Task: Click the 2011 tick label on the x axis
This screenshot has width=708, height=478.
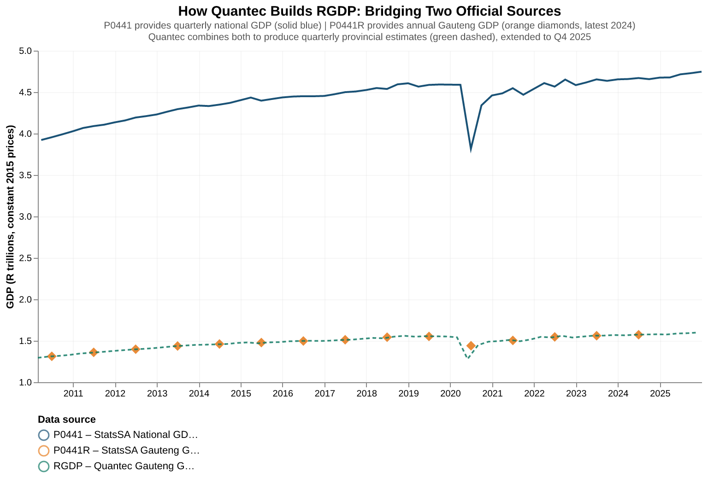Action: (73, 393)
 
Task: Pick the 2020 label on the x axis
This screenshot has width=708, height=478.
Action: (450, 393)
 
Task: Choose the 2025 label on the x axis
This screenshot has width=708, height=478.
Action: (660, 393)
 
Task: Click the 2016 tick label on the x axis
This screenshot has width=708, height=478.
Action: (283, 393)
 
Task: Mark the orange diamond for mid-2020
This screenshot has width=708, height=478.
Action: (471, 346)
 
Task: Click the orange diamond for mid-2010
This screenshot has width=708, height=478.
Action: (52, 356)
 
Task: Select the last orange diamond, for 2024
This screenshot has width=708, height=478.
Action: (638, 334)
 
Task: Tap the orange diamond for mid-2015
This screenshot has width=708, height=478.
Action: (261, 343)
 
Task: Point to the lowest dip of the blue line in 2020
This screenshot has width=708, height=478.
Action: (471, 149)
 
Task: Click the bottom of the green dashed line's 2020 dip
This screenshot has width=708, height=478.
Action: (468, 358)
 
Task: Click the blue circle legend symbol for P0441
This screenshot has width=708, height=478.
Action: (43, 435)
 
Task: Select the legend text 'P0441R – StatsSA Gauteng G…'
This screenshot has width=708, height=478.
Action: (126, 451)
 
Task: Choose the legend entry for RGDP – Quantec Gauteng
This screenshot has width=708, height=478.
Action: (124, 466)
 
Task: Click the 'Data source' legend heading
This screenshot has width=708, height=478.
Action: (67, 420)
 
